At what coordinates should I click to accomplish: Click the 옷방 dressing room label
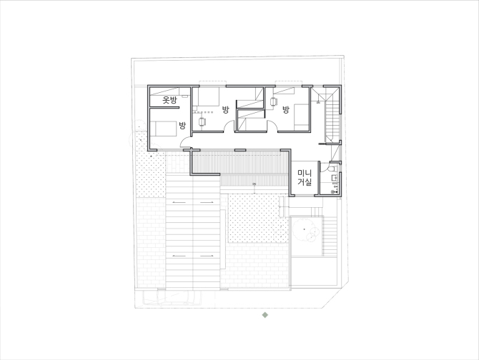(x=169, y=100)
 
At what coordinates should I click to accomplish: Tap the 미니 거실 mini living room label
(x=305, y=178)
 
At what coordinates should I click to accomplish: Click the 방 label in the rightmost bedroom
(x=286, y=109)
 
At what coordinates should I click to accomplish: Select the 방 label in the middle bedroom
(x=225, y=109)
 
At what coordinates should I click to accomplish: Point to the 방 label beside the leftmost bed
(x=182, y=126)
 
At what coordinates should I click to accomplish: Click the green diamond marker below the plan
(x=265, y=315)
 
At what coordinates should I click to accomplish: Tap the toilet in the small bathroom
(x=332, y=168)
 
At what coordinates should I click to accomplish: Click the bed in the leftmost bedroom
(x=164, y=129)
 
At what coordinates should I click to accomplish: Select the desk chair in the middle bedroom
(x=202, y=121)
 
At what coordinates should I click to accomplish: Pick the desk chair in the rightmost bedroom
(x=273, y=101)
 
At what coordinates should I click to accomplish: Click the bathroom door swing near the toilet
(x=325, y=166)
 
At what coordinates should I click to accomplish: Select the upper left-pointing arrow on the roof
(x=179, y=203)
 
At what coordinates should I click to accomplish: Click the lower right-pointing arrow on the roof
(x=207, y=256)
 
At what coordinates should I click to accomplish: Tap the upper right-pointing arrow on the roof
(x=207, y=203)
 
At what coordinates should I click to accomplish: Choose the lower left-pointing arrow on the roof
(x=179, y=256)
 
